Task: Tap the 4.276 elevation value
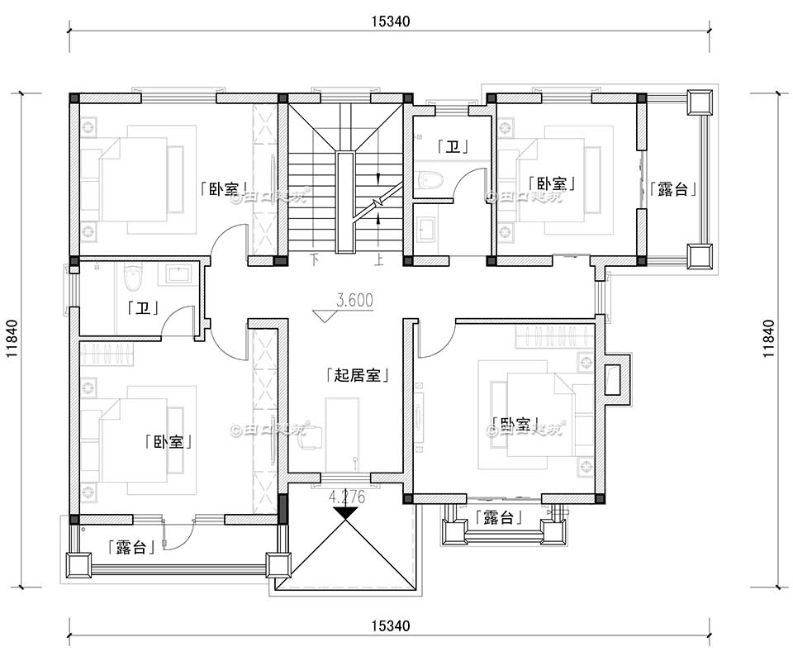347,497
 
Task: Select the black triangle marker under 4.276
345,511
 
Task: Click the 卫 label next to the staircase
453,148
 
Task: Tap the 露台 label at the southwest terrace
132,547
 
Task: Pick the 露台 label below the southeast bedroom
500,518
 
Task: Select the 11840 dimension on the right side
767,339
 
